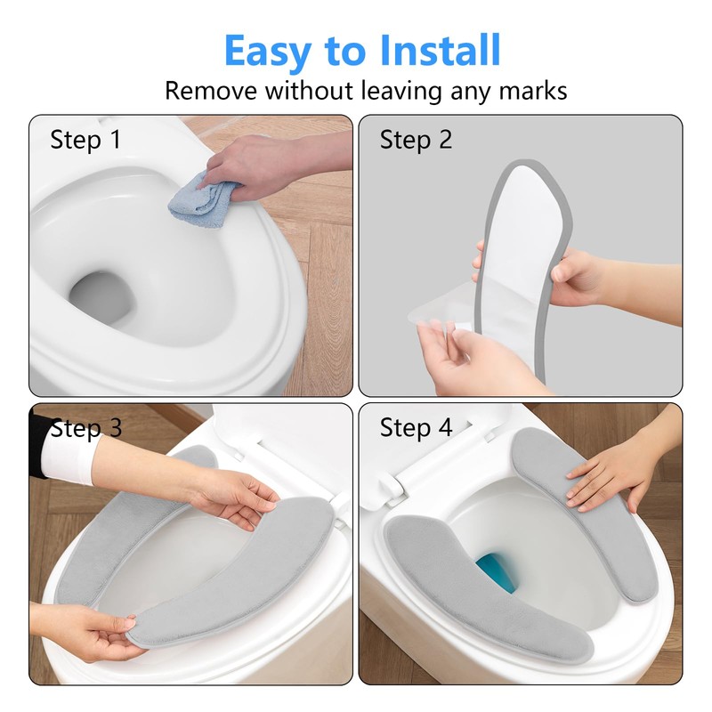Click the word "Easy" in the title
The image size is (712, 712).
[268, 52]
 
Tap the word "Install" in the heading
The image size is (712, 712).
[440, 50]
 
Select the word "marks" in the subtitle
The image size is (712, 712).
[533, 91]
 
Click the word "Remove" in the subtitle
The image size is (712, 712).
[211, 91]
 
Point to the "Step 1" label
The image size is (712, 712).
[85, 140]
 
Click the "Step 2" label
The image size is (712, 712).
[416, 140]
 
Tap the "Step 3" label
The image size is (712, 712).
[86, 428]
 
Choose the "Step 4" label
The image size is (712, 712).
[416, 428]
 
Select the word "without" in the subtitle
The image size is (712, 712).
[309, 91]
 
